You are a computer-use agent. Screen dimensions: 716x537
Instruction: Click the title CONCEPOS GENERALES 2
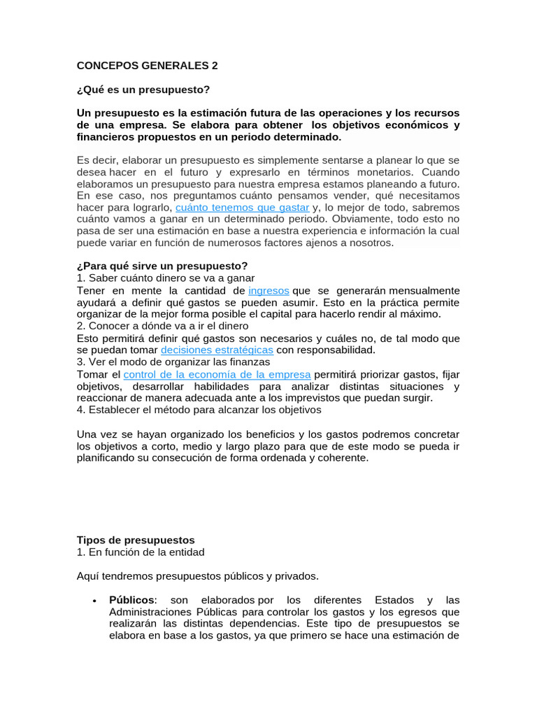click(147, 66)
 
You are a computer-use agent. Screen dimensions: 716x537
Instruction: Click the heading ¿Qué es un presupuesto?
click(143, 90)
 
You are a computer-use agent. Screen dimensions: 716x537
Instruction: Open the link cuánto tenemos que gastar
click(242, 208)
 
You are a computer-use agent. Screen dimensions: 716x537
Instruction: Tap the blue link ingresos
click(268, 290)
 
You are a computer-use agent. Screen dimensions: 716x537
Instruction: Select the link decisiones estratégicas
click(217, 350)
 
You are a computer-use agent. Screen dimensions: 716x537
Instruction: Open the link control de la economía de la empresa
click(217, 374)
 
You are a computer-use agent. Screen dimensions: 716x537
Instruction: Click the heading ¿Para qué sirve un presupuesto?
click(162, 266)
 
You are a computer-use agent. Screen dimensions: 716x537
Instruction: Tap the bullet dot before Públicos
click(94, 601)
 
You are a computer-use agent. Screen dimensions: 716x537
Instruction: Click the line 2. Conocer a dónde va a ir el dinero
click(162, 326)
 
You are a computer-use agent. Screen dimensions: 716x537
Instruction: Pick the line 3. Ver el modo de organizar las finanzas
click(173, 362)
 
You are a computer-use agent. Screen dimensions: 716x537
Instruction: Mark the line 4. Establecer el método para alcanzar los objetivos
click(199, 410)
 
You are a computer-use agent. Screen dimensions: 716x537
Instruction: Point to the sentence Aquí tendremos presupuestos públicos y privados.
click(197, 576)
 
